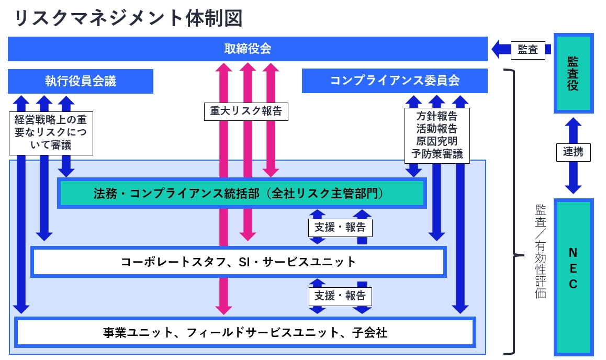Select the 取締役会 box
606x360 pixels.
[x=248, y=49]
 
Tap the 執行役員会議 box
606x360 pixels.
[x=81, y=81]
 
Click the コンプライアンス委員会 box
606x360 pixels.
[x=395, y=81]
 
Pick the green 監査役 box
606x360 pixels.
[x=574, y=74]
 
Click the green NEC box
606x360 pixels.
[x=574, y=277]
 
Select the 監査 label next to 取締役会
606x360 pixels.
[x=528, y=50]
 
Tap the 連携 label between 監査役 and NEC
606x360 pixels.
[x=573, y=152]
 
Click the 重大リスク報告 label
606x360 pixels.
[x=245, y=111]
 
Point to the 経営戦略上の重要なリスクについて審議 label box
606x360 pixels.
[x=51, y=132]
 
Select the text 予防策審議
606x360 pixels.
[x=437, y=153]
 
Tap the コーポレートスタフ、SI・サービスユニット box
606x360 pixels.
[x=238, y=262]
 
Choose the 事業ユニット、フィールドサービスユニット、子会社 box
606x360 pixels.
[x=245, y=332]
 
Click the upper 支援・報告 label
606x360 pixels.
[x=340, y=228]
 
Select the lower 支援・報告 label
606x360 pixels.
[x=340, y=296]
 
